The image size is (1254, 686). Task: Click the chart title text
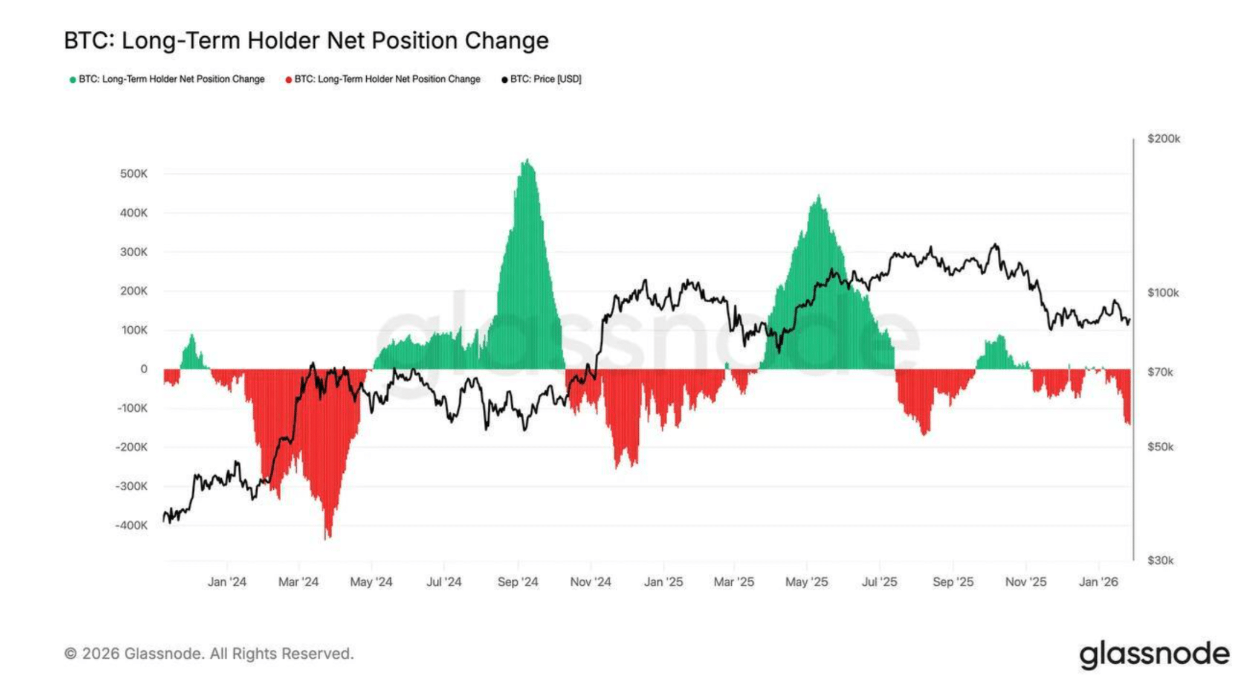click(x=306, y=41)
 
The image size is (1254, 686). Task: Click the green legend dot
click(x=73, y=80)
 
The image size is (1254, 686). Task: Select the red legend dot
click(x=288, y=80)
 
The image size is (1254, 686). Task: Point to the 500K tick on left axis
click(x=134, y=174)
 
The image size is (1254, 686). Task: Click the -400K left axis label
click(x=131, y=525)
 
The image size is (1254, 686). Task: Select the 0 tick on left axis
click(x=144, y=369)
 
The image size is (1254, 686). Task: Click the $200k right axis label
click(x=1163, y=139)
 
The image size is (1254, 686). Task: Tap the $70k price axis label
click(x=1160, y=373)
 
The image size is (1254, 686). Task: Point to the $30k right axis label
click(x=1160, y=560)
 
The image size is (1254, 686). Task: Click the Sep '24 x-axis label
click(x=517, y=582)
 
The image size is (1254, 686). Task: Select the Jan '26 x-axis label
click(x=1098, y=582)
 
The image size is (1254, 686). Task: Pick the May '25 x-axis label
click(x=806, y=582)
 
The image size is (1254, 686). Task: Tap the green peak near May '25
click(x=818, y=198)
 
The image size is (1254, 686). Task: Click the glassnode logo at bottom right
click(x=1154, y=655)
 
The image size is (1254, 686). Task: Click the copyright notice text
click(x=209, y=654)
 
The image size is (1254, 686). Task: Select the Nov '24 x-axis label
click(x=590, y=582)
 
